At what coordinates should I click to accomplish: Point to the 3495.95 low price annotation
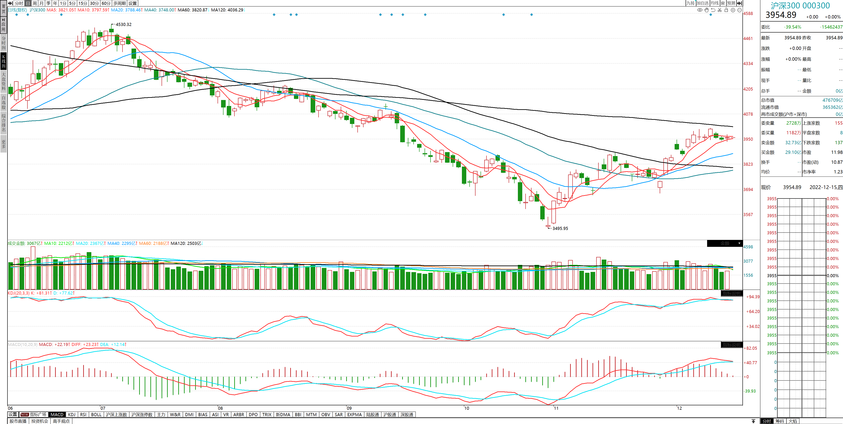tap(560, 228)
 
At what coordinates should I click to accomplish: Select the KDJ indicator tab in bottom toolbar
tap(72, 415)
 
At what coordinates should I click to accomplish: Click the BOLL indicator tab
tap(96, 415)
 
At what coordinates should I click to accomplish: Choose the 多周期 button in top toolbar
tap(119, 3)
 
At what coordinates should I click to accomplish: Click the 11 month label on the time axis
tap(556, 408)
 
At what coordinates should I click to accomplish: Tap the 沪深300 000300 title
tap(800, 5)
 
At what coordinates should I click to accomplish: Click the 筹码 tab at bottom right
tap(780, 421)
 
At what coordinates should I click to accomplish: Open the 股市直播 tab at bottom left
tap(18, 421)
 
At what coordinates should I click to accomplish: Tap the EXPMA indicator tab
tap(354, 415)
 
